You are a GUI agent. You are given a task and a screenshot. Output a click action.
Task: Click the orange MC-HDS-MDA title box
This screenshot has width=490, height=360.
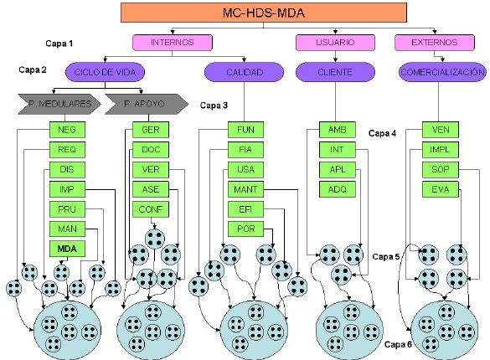pos(264,13)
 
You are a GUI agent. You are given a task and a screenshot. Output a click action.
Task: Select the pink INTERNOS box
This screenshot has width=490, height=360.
pos(173,43)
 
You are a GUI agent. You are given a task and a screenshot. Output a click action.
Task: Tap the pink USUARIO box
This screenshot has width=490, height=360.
pos(335,43)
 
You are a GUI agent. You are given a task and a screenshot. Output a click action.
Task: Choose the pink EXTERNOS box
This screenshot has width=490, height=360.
pos(435,43)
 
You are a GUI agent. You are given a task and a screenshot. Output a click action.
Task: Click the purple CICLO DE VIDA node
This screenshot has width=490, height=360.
pos(105,72)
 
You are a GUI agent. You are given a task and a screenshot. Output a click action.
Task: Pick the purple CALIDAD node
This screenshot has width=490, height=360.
pos(245,72)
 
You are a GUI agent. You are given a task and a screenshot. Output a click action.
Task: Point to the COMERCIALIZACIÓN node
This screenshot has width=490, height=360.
pos(442,72)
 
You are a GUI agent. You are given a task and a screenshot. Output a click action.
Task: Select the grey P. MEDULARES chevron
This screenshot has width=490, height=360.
pos(59,104)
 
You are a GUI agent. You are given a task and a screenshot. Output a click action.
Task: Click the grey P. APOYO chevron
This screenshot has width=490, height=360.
pos(147,104)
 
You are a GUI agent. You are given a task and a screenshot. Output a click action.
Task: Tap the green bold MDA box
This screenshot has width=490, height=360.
pos(67,249)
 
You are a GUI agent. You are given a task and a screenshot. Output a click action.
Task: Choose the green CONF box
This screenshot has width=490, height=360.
pos(151,209)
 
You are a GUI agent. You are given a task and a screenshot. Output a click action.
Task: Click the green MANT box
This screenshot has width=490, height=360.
pos(245,189)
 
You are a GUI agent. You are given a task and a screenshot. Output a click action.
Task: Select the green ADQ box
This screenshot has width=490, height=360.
pos(338,189)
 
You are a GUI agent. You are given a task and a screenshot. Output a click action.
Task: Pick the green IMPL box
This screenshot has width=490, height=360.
pos(441,150)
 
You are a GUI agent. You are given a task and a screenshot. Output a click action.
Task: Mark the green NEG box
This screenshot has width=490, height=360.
pos(67,130)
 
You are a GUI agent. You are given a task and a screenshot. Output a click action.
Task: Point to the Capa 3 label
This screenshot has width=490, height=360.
pos(214,105)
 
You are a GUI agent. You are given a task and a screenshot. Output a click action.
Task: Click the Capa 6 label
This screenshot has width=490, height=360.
pos(398,344)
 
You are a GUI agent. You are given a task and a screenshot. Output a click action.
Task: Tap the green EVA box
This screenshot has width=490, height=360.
pos(441,189)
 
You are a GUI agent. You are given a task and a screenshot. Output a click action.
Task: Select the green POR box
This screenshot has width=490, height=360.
pos(245,229)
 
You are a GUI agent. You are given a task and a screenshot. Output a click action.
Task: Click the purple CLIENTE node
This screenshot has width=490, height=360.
pos(335,72)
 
